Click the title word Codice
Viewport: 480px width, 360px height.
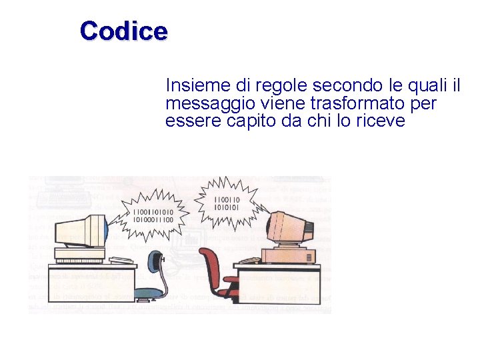coord(123,31)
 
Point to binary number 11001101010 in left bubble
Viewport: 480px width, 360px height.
coord(153,212)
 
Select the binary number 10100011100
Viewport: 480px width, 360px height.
coord(153,219)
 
